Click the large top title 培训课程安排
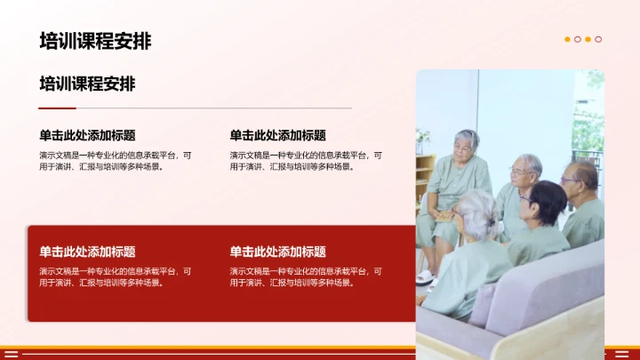[x=95, y=41]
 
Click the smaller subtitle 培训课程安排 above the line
[x=87, y=84]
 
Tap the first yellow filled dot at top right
[x=568, y=39]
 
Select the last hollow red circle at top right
[x=598, y=39]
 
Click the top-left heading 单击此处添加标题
[x=87, y=135]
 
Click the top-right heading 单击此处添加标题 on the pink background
[x=277, y=135]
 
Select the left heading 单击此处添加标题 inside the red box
[x=87, y=252]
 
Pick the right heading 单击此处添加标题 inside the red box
[x=277, y=252]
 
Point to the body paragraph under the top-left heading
[x=115, y=160]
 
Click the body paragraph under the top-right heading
[x=306, y=160]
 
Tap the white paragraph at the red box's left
[x=115, y=276]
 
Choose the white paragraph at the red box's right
[x=306, y=276]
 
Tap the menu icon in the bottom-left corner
[x=12, y=354]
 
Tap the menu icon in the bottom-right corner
[x=621, y=354]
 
